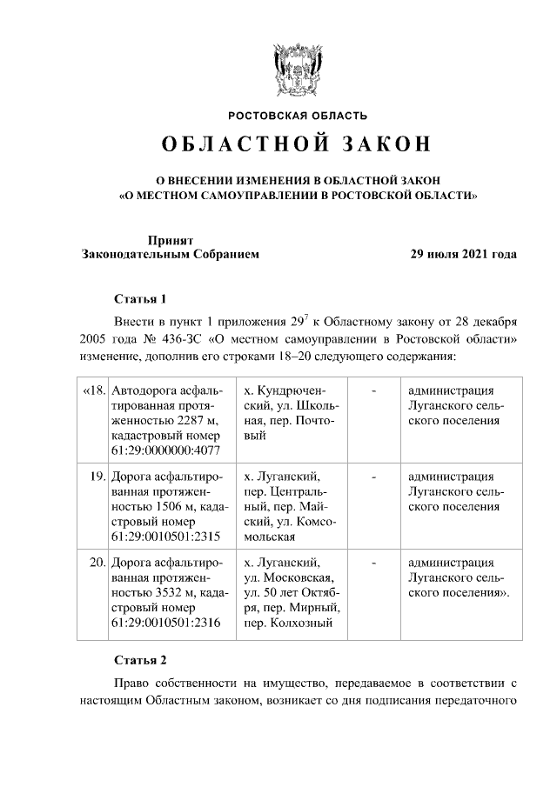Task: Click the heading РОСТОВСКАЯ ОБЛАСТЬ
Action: click(x=298, y=116)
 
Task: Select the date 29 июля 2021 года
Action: click(x=464, y=255)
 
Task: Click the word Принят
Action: click(x=170, y=239)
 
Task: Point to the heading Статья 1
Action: click(x=139, y=299)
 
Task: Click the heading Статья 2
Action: click(x=139, y=658)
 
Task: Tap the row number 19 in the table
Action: click(x=97, y=477)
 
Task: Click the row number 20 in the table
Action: click(x=97, y=562)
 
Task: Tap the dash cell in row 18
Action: click(x=373, y=390)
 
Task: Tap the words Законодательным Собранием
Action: click(x=170, y=255)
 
